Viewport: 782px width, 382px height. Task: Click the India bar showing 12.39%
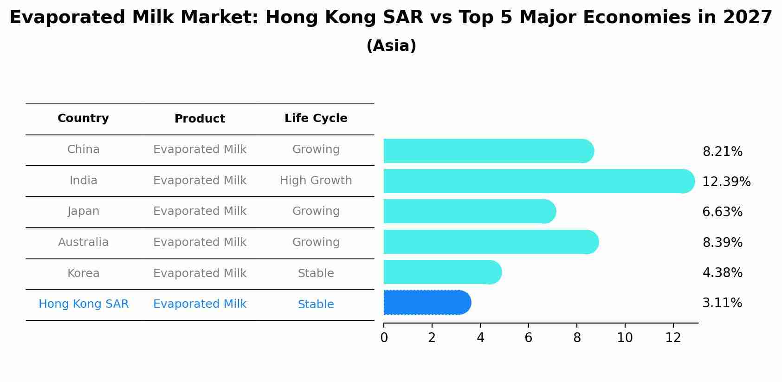[538, 181]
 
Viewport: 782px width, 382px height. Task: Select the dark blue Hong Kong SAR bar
[427, 303]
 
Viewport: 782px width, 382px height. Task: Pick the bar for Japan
[469, 211]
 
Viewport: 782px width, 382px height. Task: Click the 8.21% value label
[722, 152]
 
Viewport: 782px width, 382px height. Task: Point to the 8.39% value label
[722, 242]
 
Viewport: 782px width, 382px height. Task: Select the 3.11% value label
[722, 303]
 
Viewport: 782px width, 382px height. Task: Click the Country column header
[83, 118]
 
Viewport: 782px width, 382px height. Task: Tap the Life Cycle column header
[316, 118]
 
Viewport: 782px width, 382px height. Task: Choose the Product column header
[200, 119]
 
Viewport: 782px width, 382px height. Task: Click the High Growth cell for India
[316, 181]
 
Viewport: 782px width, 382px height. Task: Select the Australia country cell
[83, 242]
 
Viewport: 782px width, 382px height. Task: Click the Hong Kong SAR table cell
[84, 304]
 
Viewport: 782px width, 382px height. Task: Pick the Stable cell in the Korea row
[316, 273]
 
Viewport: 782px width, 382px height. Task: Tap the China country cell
[83, 149]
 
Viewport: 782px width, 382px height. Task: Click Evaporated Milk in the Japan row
[200, 211]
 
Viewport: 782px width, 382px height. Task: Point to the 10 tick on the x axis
[625, 338]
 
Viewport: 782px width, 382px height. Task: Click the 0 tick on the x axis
[384, 338]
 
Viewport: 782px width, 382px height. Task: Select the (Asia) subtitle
[391, 46]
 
